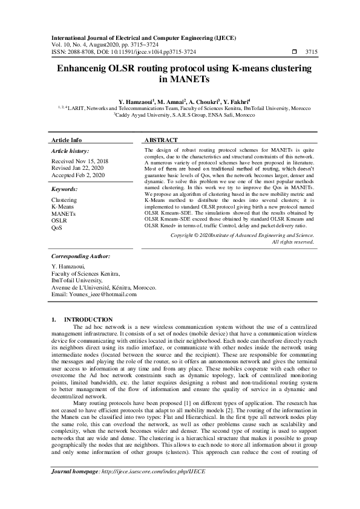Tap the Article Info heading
(x=67, y=140)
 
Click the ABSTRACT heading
(x=161, y=140)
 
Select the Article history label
(x=70, y=151)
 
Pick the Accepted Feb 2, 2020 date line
(x=78, y=175)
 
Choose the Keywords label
(x=65, y=189)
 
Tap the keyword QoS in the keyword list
(x=57, y=228)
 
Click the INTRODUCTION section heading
(x=88, y=319)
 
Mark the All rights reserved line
(x=293, y=242)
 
